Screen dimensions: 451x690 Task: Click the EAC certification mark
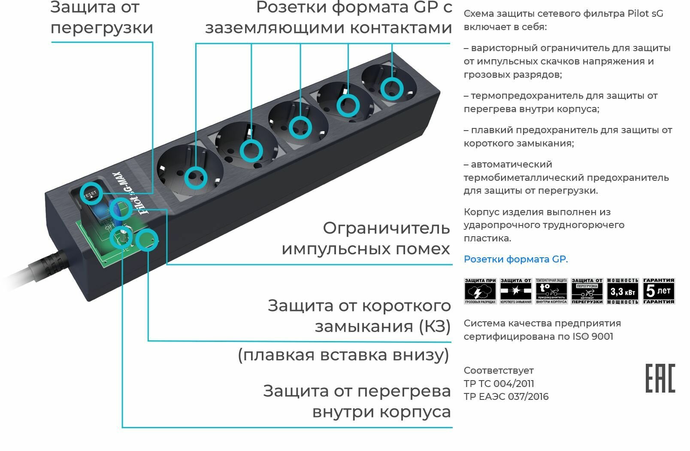click(x=660, y=378)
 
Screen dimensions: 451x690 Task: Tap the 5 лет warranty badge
click(x=659, y=291)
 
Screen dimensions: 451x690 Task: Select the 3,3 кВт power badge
click(x=623, y=291)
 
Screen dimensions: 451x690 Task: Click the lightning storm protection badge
click(x=480, y=291)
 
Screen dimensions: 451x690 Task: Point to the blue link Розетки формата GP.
click(x=515, y=259)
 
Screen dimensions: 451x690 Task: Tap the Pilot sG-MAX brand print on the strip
click(x=131, y=193)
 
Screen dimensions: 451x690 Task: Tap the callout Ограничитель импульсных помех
click(x=366, y=238)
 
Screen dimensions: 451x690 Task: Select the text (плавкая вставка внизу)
click(x=343, y=355)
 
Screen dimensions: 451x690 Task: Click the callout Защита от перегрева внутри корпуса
click(x=357, y=401)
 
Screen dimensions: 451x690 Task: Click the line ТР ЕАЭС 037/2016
click(x=506, y=396)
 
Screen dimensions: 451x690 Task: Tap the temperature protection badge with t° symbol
click(x=551, y=291)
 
